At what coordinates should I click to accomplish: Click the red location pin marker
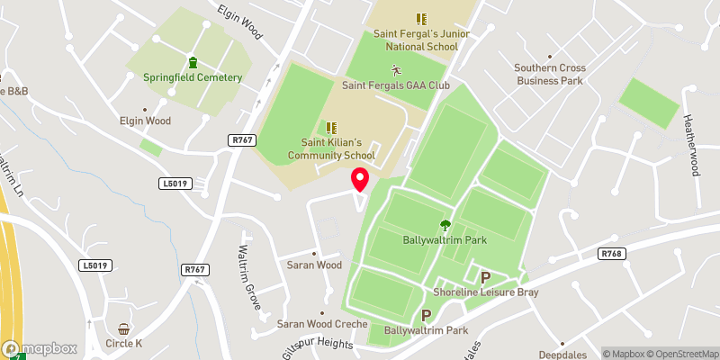point(360,178)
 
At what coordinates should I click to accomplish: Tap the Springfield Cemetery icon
point(193,62)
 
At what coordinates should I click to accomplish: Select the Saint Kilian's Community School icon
point(330,128)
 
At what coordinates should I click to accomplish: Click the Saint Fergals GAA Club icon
point(395,70)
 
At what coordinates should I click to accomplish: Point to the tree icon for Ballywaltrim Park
point(444,226)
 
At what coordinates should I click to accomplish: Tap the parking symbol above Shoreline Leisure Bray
point(485,277)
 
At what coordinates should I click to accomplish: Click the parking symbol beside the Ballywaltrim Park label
point(427,316)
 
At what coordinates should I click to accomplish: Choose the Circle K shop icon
point(123,329)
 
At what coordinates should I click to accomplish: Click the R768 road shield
point(611,255)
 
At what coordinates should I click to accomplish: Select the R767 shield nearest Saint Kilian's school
point(241,139)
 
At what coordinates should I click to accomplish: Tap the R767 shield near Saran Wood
point(194,269)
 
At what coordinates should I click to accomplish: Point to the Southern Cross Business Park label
point(550,74)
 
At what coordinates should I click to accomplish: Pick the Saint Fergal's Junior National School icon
point(420,18)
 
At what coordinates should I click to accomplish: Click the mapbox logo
point(39,348)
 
